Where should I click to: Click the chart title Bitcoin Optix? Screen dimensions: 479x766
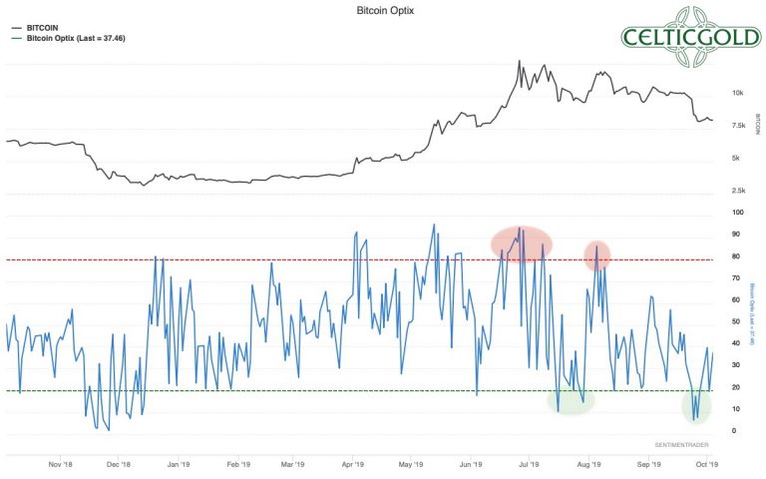point(383,9)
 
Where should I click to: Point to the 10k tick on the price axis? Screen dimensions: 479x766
point(737,93)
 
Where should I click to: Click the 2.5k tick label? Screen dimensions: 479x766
point(737,190)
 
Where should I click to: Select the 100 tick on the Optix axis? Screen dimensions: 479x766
point(736,213)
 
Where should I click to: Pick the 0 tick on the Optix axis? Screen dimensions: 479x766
point(734,430)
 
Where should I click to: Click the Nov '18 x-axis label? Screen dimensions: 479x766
point(61,464)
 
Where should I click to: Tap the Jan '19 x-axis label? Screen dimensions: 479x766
point(179,464)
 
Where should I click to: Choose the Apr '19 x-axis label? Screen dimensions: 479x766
point(353,464)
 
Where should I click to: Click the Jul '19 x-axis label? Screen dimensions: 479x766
point(529,464)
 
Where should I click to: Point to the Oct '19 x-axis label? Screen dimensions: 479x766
point(705,464)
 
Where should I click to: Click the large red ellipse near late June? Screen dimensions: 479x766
point(521,243)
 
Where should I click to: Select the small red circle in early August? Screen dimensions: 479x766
point(596,254)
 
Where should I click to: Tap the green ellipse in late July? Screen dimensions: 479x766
point(571,399)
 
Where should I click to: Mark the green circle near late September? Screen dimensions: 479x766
point(695,405)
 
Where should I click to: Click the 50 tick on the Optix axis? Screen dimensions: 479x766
point(735,321)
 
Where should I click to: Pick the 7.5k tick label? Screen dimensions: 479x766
point(737,125)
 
